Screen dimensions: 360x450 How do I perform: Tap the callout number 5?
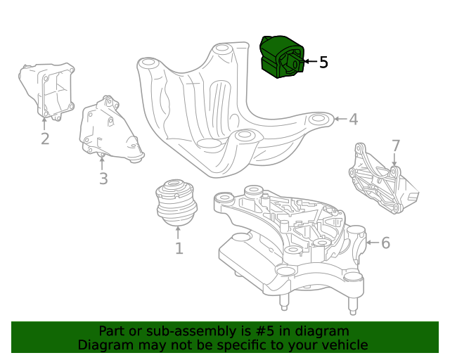click(323, 63)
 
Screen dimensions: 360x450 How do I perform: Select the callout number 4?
click(353, 120)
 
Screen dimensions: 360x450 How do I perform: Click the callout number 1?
click(179, 248)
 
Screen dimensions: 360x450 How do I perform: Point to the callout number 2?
click(45, 139)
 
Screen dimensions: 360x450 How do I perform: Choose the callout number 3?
click(103, 179)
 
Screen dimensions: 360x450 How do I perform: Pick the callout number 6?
click(385, 243)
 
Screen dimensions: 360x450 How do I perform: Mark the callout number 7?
click(396, 146)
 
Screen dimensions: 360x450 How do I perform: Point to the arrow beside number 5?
click(309, 63)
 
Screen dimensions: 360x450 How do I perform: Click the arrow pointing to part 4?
click(340, 120)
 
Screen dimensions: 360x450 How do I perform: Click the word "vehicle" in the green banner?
click(342, 345)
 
